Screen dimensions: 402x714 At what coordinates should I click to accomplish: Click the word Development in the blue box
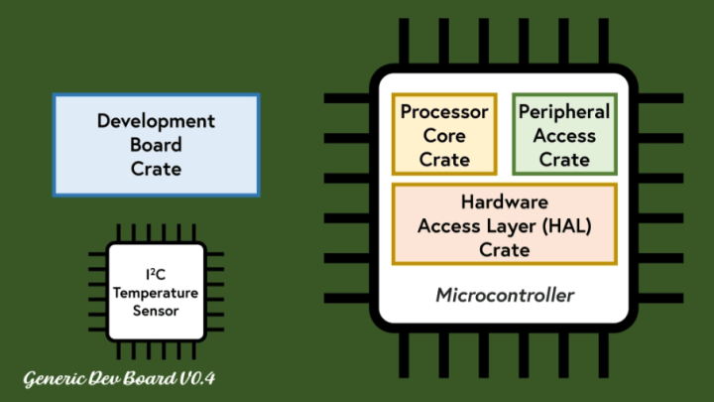tap(156, 121)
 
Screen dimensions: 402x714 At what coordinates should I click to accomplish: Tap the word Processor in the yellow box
tap(444, 112)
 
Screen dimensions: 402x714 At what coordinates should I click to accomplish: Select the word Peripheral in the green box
tap(564, 112)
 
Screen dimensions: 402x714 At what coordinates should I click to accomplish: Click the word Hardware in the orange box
tap(504, 201)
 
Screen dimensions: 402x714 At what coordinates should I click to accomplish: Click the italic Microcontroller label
tap(505, 295)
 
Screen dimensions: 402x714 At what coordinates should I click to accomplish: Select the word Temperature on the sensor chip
tap(156, 294)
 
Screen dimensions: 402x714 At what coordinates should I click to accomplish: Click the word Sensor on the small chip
tap(156, 311)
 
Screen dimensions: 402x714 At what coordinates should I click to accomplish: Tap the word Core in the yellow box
tap(444, 136)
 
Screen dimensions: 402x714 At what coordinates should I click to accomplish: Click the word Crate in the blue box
tap(156, 169)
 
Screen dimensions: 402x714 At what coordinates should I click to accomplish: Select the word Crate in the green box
tap(564, 160)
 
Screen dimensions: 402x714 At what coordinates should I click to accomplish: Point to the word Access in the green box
tap(564, 136)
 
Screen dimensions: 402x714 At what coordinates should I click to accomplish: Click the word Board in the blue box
tap(156, 145)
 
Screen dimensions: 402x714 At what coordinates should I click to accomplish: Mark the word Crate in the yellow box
tap(444, 160)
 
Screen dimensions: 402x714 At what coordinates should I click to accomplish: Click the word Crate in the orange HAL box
tap(504, 249)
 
